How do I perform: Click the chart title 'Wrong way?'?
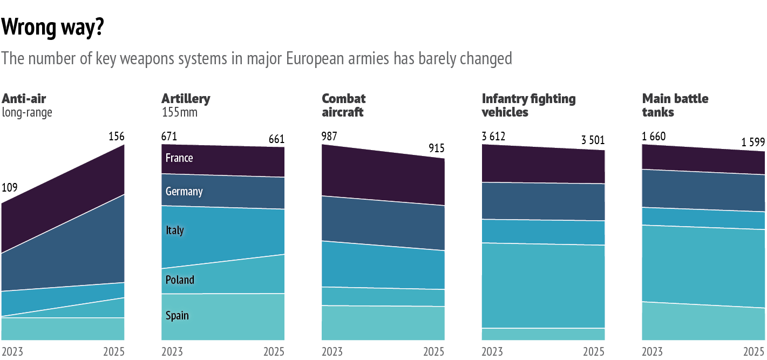(53, 28)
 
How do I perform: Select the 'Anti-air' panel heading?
(24, 99)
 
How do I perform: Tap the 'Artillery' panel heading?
(186, 99)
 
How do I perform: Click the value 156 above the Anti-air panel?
(116, 137)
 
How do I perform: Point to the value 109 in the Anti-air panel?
(10, 188)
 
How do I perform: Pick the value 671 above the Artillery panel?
(169, 137)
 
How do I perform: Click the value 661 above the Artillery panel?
(276, 140)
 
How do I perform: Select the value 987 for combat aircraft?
(329, 137)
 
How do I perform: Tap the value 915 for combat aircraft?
(437, 149)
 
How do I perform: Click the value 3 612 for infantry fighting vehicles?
(493, 137)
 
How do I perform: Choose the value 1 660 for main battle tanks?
(654, 137)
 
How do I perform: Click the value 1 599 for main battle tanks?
(753, 143)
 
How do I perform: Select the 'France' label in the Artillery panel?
(179, 158)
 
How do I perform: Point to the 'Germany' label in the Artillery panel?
(184, 192)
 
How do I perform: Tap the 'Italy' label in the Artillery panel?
(175, 230)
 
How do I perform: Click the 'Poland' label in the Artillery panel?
(180, 280)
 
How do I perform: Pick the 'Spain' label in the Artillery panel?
(177, 315)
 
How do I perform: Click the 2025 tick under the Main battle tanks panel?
(754, 352)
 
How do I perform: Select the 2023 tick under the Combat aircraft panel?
(332, 352)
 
